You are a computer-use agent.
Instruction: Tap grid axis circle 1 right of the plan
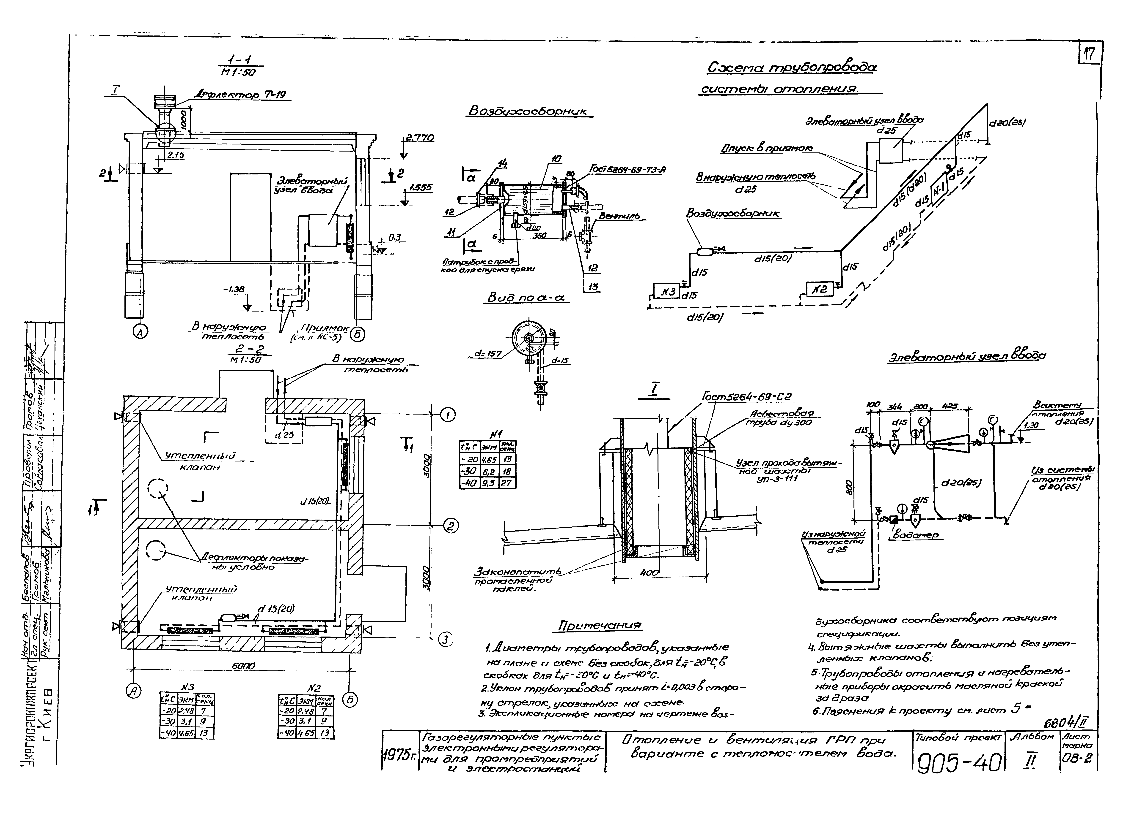[448, 416]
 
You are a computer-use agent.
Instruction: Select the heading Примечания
[599, 626]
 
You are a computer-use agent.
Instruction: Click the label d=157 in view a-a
[488, 354]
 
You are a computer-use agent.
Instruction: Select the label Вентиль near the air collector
[619, 216]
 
